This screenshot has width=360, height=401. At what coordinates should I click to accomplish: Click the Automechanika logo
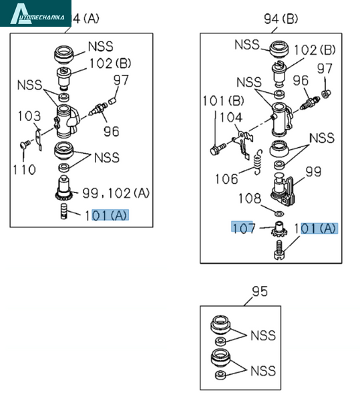[x=35, y=13]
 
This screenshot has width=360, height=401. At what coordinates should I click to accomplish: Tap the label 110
[x=24, y=170]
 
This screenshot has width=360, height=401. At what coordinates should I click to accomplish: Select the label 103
[x=29, y=116]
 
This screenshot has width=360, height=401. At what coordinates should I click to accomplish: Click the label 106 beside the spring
[x=226, y=178]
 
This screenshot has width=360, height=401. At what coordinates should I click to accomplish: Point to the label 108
[x=250, y=198]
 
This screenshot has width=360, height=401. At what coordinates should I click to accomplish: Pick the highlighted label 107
[x=243, y=228]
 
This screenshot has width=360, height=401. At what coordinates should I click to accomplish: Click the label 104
[x=231, y=118]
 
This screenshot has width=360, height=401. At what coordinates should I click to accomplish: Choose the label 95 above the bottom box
[x=260, y=291]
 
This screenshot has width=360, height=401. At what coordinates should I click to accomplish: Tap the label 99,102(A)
[x=116, y=193]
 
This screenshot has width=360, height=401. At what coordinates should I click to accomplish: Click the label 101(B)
[x=223, y=101]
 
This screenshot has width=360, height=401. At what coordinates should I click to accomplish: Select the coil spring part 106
[x=258, y=162]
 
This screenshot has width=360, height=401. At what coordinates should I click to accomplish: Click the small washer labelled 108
[x=279, y=213]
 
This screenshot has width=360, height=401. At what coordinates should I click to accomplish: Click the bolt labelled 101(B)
[x=218, y=149]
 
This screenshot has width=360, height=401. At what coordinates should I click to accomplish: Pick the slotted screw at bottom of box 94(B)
[x=280, y=250]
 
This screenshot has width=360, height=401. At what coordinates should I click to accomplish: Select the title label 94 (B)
[x=281, y=19]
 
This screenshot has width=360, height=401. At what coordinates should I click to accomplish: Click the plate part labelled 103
[x=38, y=140]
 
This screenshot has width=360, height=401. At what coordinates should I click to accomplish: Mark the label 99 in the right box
[x=313, y=172]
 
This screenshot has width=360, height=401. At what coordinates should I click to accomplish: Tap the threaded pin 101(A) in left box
[x=64, y=211]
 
